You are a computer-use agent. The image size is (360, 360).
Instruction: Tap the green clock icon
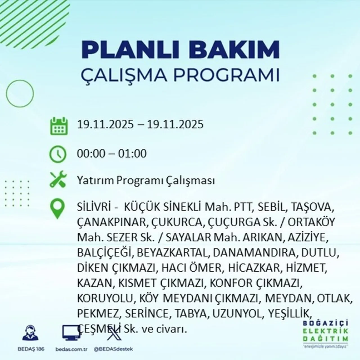58,154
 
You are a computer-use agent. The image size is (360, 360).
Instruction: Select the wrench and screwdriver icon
58,180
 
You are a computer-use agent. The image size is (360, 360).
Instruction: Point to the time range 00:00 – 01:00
112,154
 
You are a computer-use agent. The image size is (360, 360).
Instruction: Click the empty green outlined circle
20,93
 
